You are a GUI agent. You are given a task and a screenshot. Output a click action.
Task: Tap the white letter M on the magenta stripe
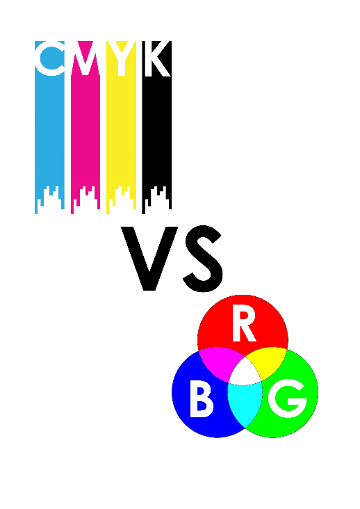(x=85, y=58)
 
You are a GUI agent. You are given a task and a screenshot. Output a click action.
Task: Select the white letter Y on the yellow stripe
(x=122, y=58)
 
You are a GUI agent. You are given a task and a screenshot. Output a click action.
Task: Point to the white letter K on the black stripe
(x=157, y=58)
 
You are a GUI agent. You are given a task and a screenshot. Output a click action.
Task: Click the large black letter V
(x=149, y=258)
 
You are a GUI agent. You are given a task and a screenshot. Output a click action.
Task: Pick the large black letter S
(x=204, y=259)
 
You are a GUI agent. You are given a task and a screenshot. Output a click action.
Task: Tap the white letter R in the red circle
(x=244, y=325)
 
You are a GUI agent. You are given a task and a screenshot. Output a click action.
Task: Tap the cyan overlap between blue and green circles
(x=245, y=403)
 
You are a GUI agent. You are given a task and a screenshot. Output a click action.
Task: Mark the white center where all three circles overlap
(x=245, y=374)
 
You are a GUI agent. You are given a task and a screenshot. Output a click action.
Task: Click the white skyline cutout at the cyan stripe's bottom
(x=49, y=200)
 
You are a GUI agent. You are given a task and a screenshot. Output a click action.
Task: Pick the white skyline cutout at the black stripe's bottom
(x=157, y=200)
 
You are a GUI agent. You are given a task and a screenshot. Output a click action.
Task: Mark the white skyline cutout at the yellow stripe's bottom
(x=122, y=200)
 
